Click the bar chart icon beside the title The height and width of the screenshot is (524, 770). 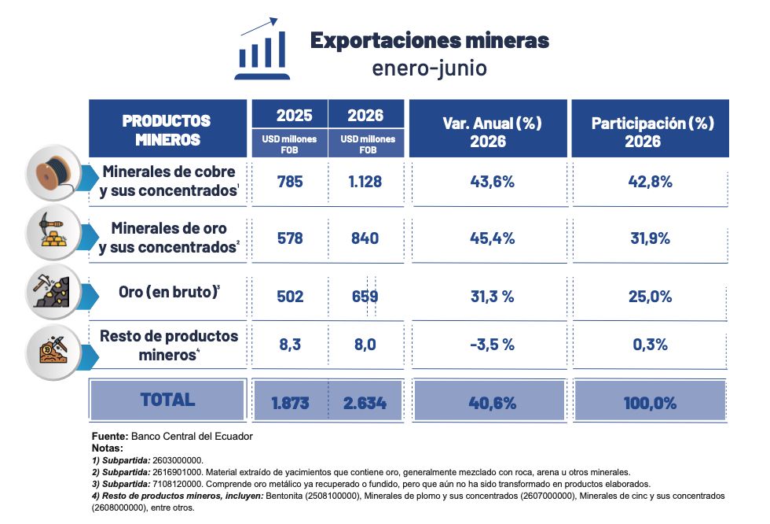[x=262, y=49]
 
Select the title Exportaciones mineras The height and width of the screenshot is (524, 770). [x=430, y=40]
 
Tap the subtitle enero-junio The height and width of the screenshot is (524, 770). [x=430, y=68]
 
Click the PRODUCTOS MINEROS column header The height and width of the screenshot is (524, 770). [x=167, y=129]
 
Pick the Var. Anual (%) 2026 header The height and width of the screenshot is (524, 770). [x=492, y=131]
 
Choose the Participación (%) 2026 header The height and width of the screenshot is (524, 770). [x=652, y=131]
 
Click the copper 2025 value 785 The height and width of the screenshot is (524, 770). [x=290, y=182]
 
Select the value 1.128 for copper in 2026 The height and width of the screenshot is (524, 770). [x=365, y=182]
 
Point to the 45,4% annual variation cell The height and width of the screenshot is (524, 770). [x=492, y=238]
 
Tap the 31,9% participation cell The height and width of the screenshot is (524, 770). [x=651, y=238]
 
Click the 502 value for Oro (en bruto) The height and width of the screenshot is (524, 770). [x=290, y=297]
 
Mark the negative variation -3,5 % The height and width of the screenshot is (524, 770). [x=492, y=345]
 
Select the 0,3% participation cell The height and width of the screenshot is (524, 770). [x=651, y=345]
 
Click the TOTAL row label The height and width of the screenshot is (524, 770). [x=167, y=400]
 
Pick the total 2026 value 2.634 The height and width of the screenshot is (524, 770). [x=365, y=403]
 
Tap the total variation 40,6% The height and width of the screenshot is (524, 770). [x=492, y=403]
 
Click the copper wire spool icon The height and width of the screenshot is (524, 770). [x=53, y=173]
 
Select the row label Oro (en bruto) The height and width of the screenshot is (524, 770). [x=169, y=292]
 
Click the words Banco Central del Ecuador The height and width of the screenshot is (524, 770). [x=192, y=436]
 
